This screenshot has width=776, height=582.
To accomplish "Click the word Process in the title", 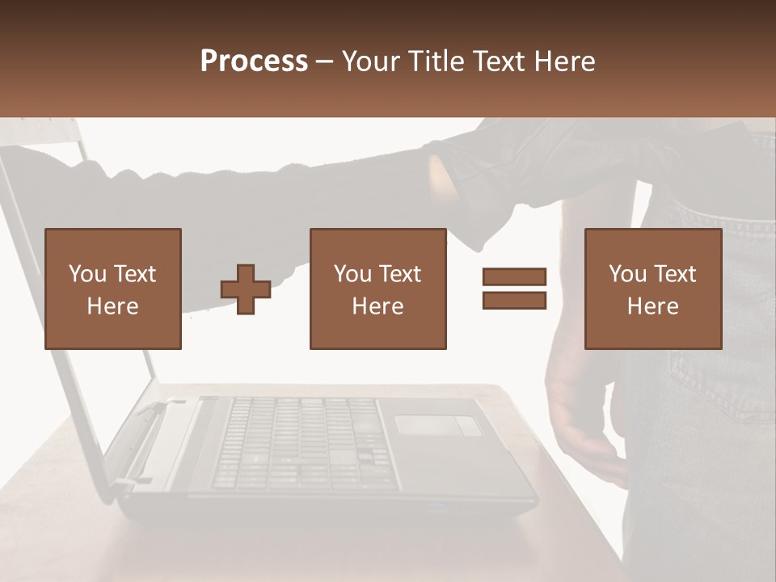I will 254,61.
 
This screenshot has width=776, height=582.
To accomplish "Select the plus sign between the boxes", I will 246,289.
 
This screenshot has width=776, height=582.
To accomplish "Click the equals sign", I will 514,289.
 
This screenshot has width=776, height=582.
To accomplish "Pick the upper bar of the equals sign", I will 514,277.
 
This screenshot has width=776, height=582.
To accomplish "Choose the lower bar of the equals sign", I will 514,300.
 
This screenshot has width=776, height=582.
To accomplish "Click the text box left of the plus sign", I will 113,289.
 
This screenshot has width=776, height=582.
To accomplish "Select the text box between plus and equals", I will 378,289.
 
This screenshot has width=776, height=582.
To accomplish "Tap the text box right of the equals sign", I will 653,289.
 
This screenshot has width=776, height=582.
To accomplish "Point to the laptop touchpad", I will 437,425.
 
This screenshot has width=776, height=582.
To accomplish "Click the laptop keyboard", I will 299,441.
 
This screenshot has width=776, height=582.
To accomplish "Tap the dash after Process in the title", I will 324,61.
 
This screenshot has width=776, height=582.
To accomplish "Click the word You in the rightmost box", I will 626,274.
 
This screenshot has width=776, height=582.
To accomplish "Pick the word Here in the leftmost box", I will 113,306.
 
